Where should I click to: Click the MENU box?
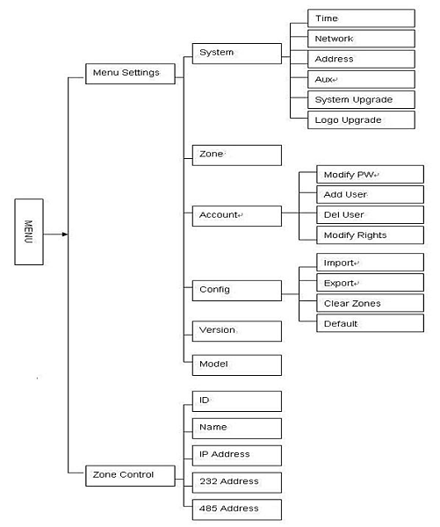pos(29,232)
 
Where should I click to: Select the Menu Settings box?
pos(130,74)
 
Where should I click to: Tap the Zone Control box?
pos(130,475)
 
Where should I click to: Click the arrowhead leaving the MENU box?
pos(65,234)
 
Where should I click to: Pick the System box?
pos(236,54)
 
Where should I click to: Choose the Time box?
pos(361,18)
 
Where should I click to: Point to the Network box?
pos(361,39)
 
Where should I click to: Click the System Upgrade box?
pos(361,99)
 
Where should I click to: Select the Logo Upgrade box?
pos(361,120)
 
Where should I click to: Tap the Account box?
pos(236,216)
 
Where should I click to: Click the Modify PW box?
pos(370,174)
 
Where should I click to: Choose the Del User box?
pos(370,215)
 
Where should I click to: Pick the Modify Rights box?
pos(370,235)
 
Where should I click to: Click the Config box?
pos(236,291)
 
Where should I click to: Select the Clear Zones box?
pos(370,303)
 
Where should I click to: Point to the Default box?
pos(370,323)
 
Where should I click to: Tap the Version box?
pos(236,331)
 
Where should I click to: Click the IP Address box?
pos(236,455)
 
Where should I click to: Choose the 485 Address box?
pos(236,509)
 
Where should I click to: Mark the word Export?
pos(338,284)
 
